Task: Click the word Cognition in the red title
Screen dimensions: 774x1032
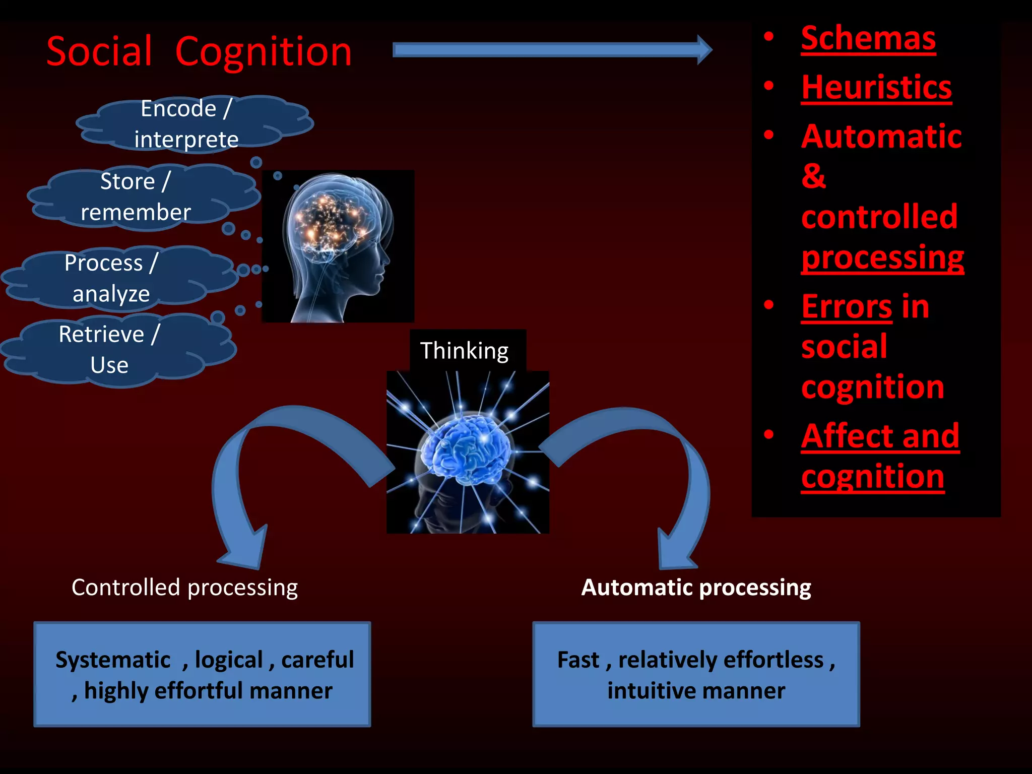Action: click(x=263, y=52)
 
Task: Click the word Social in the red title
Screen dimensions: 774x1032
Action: click(x=99, y=52)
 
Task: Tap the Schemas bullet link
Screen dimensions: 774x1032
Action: click(x=868, y=39)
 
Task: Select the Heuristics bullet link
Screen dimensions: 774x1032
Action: click(x=876, y=88)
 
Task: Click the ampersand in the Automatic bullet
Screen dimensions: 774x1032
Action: click(x=813, y=176)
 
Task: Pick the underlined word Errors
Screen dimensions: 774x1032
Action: click(x=847, y=307)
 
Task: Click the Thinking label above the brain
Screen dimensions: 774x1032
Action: click(x=465, y=351)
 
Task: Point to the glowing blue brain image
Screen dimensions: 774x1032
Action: click(x=468, y=451)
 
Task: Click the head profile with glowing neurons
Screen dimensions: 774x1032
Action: click(x=338, y=246)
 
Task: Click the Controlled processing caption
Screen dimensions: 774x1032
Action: click(x=184, y=588)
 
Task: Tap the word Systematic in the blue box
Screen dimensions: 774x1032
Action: click(x=113, y=660)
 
